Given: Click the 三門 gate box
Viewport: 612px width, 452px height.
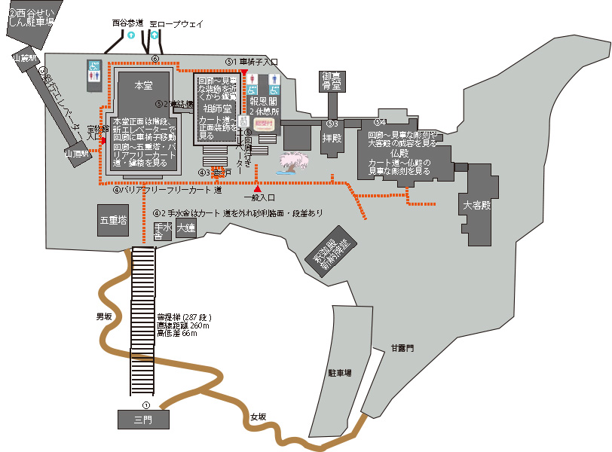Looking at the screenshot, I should pyautogui.click(x=143, y=420).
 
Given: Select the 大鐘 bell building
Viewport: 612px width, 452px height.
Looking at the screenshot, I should pyautogui.click(x=185, y=231).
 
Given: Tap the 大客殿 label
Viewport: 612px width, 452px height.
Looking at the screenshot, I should pyautogui.click(x=476, y=204).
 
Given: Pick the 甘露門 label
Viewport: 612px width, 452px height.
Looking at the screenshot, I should pyautogui.click(x=402, y=348).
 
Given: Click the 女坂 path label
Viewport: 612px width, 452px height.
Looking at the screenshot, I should pyautogui.click(x=258, y=416).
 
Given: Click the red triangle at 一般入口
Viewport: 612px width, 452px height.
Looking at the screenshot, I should pyautogui.click(x=258, y=188).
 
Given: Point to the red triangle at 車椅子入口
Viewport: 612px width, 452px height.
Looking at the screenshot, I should pyautogui.click(x=244, y=72).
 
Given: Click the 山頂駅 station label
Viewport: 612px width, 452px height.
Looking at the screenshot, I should pyautogui.click(x=77, y=153).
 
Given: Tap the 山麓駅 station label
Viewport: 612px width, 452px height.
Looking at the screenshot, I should pyautogui.click(x=24, y=57).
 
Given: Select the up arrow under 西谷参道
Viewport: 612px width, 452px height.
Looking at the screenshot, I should pyautogui.click(x=131, y=35).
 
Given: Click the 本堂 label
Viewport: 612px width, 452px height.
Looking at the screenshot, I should pyautogui.click(x=142, y=87).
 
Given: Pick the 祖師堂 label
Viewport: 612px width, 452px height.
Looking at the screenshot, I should pyautogui.click(x=217, y=108).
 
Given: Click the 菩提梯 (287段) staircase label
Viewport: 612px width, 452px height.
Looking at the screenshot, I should pyautogui.click(x=183, y=317).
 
